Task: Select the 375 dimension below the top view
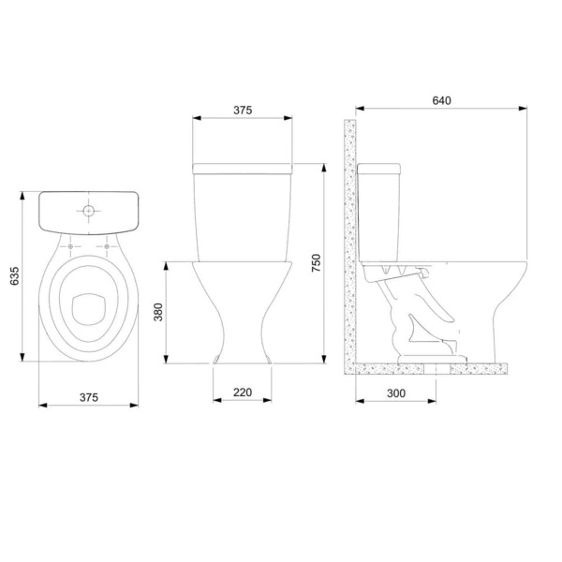point(89,396)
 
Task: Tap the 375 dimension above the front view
point(243,110)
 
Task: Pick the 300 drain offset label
point(395,394)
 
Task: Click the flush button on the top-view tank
point(88,211)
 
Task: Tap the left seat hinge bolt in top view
point(71,247)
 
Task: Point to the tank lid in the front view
point(243,168)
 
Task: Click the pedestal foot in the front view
point(243,360)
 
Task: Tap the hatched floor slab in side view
point(431,369)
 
